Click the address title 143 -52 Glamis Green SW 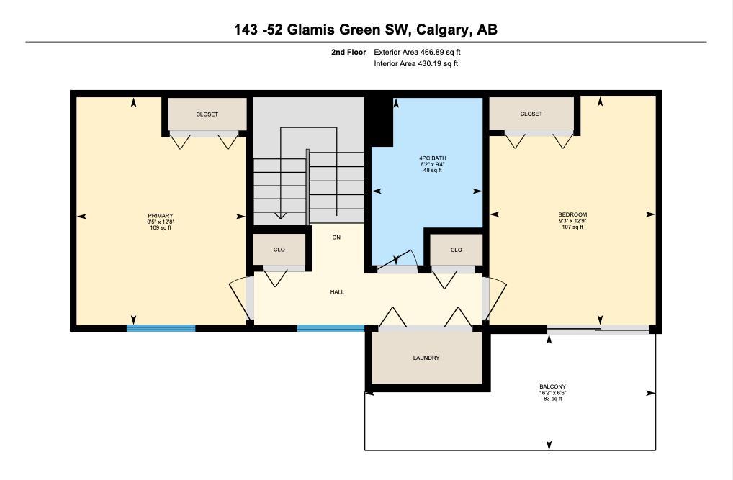click(x=366, y=30)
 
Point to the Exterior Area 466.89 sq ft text click(x=415, y=52)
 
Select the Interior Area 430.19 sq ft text click(x=415, y=64)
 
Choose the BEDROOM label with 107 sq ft click(x=572, y=220)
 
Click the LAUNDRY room click(x=426, y=358)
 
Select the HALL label click(x=337, y=292)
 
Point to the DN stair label click(x=336, y=237)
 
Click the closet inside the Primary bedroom click(x=207, y=114)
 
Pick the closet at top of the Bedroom click(x=531, y=114)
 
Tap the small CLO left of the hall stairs click(x=279, y=250)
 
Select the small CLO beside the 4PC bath click(x=456, y=250)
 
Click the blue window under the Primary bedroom click(x=161, y=328)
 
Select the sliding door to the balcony click(x=598, y=329)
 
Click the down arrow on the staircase click(x=280, y=214)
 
